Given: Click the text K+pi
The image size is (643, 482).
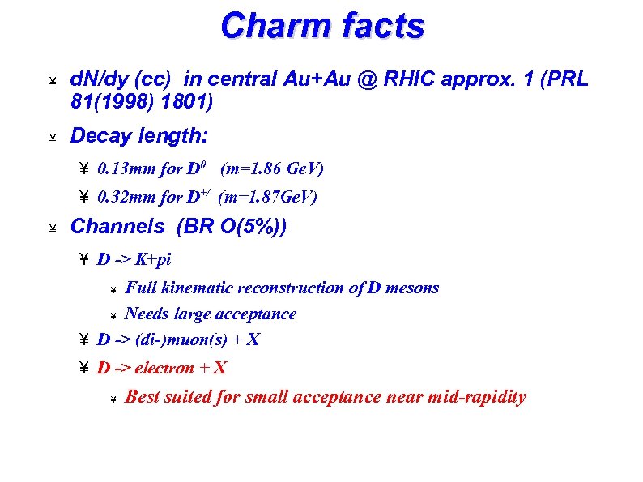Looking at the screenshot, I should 153,260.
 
